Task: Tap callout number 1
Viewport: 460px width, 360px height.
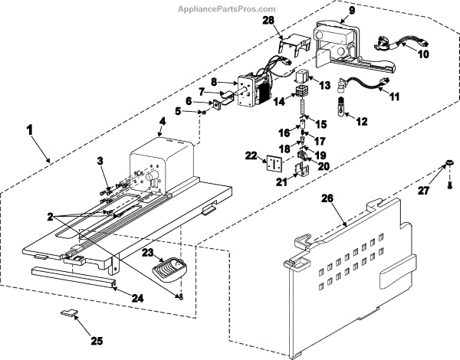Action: point(30,132)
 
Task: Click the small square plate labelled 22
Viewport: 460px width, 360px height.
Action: point(271,163)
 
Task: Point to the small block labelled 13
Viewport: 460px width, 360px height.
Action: point(303,78)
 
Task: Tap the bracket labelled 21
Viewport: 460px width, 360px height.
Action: point(302,163)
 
